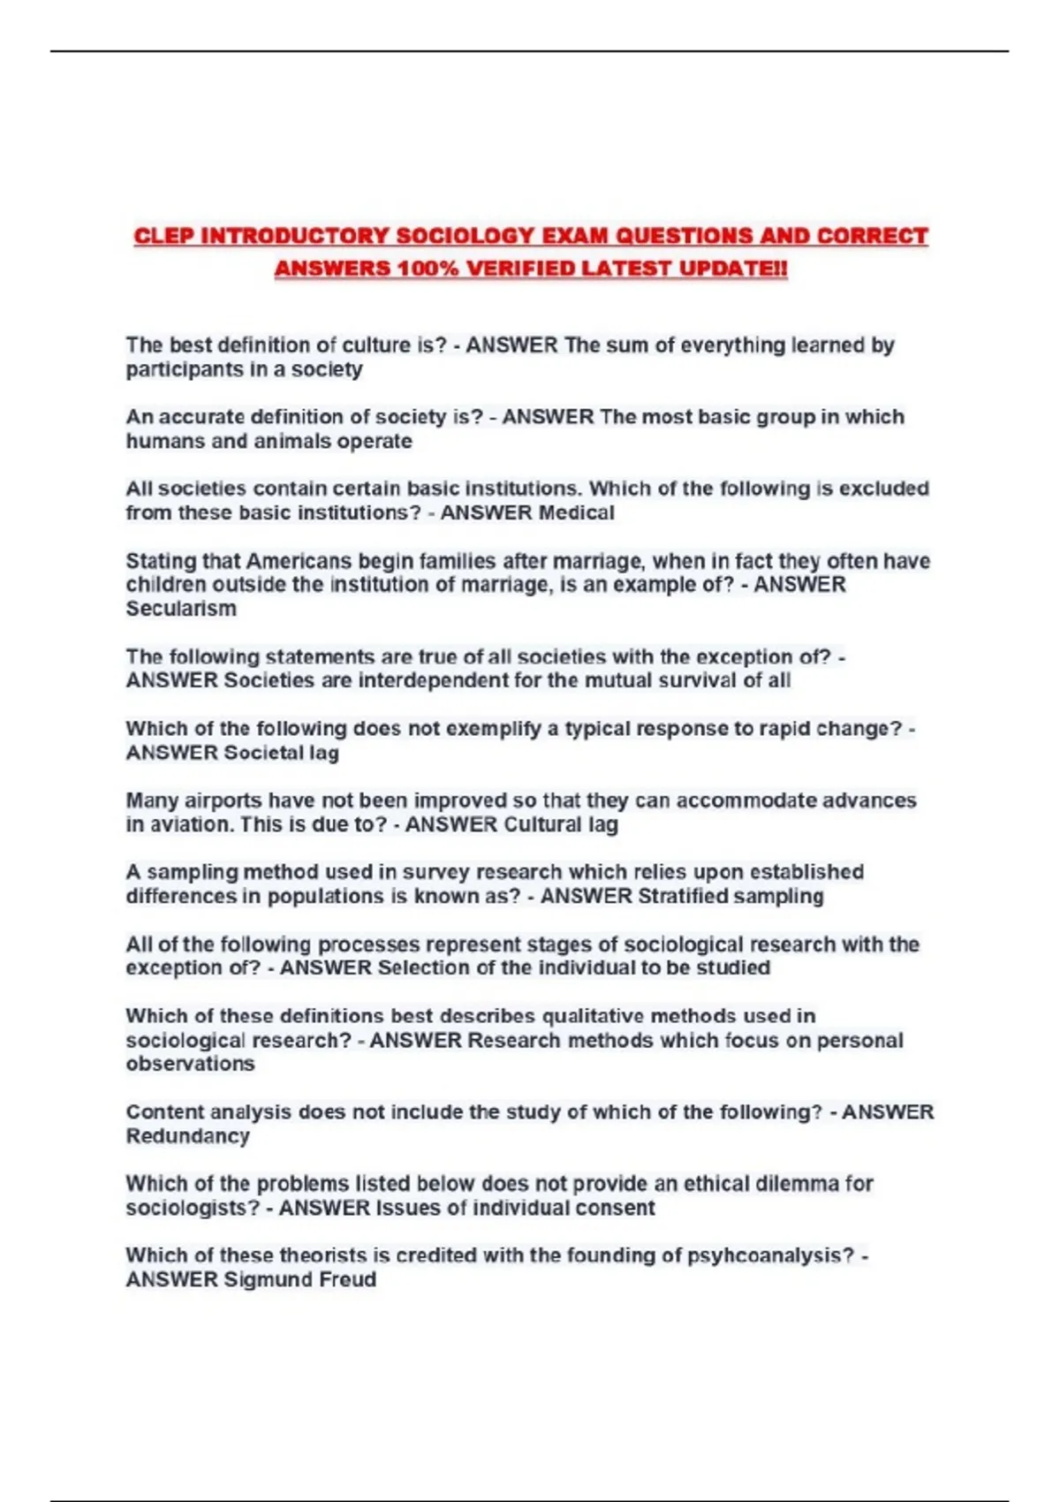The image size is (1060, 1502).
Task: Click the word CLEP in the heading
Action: point(163,237)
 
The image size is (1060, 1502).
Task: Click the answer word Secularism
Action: point(181,609)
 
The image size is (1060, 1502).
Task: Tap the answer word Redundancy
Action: point(187,1136)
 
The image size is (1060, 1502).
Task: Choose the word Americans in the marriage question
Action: point(300,561)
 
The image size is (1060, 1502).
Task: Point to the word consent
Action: point(622,1208)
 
